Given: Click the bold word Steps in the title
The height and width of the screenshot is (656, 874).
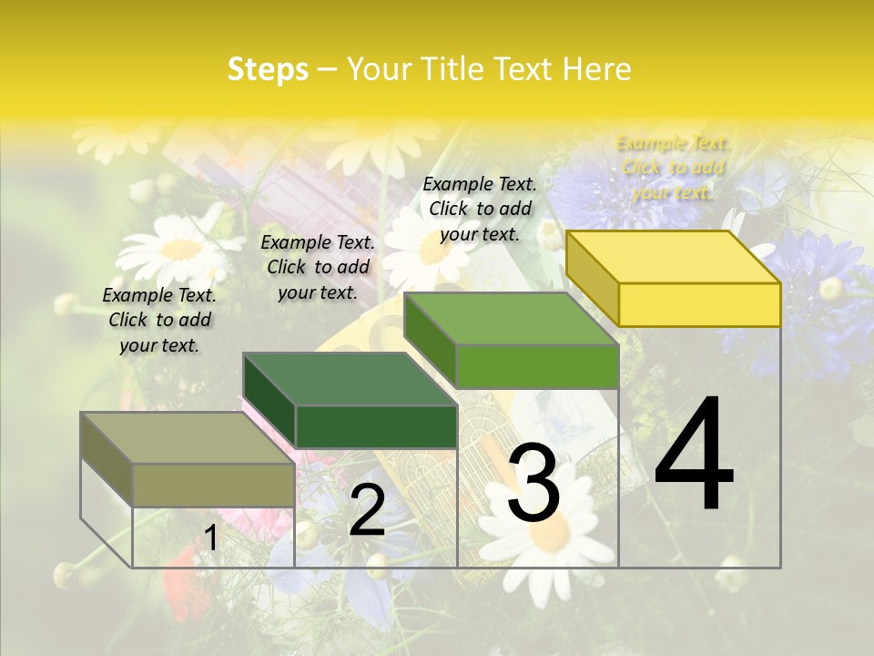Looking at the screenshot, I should click(268, 69).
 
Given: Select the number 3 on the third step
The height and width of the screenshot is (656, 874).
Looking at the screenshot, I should click(534, 485).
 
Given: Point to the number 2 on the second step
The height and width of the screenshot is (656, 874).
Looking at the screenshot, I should click(367, 510).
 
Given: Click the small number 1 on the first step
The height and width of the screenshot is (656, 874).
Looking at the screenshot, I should click(210, 538).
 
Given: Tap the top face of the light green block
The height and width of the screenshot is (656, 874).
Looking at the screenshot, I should click(512, 319).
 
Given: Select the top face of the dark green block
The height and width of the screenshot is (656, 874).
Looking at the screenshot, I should click(350, 379).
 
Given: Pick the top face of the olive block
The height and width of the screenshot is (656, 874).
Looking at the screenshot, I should click(188, 438).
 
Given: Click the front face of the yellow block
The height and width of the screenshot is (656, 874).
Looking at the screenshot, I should click(699, 304).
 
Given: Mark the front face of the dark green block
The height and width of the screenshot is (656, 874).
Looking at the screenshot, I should click(376, 426).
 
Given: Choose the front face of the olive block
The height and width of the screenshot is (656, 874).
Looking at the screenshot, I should click(213, 485).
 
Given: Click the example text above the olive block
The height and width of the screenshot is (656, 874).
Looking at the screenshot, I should click(159, 320).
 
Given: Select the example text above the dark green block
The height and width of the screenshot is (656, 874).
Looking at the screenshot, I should click(318, 267).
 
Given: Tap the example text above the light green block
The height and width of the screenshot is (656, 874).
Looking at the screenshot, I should click(480, 209).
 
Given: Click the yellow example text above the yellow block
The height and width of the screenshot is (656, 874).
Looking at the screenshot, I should click(673, 168).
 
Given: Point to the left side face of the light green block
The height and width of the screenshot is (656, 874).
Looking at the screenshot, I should click(430, 341).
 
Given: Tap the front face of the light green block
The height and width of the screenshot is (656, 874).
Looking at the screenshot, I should click(537, 367).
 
